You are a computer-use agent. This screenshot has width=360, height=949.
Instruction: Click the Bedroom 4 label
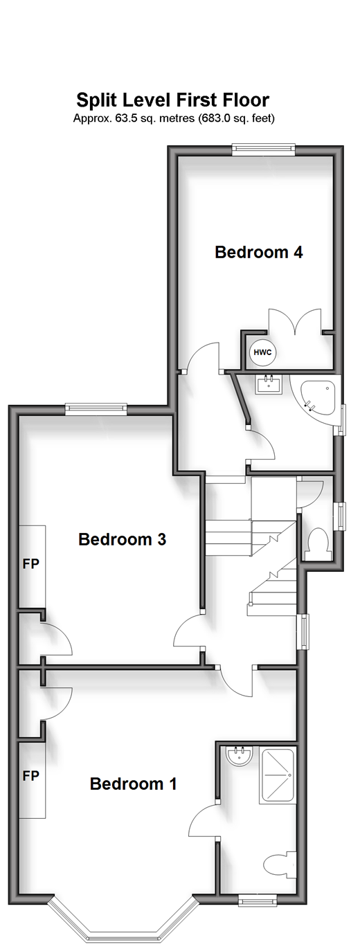259,252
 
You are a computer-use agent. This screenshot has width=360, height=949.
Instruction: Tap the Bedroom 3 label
122,539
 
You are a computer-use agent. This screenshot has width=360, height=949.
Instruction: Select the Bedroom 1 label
133,784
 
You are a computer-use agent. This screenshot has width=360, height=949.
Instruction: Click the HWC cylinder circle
262,352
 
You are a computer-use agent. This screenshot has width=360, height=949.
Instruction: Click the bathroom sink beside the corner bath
269,384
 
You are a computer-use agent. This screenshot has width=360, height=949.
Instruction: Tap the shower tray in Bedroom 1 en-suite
278,775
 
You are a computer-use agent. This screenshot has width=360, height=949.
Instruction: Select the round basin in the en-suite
240,755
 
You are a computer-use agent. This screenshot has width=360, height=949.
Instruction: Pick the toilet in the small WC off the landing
318,539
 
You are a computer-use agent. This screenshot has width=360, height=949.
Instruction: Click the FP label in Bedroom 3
31,564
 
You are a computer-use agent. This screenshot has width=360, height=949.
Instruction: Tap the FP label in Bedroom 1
31,776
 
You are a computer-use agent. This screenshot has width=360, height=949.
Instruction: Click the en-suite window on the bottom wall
257,898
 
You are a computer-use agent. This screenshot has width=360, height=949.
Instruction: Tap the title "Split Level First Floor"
173,100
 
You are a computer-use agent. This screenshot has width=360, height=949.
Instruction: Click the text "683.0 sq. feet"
235,118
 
